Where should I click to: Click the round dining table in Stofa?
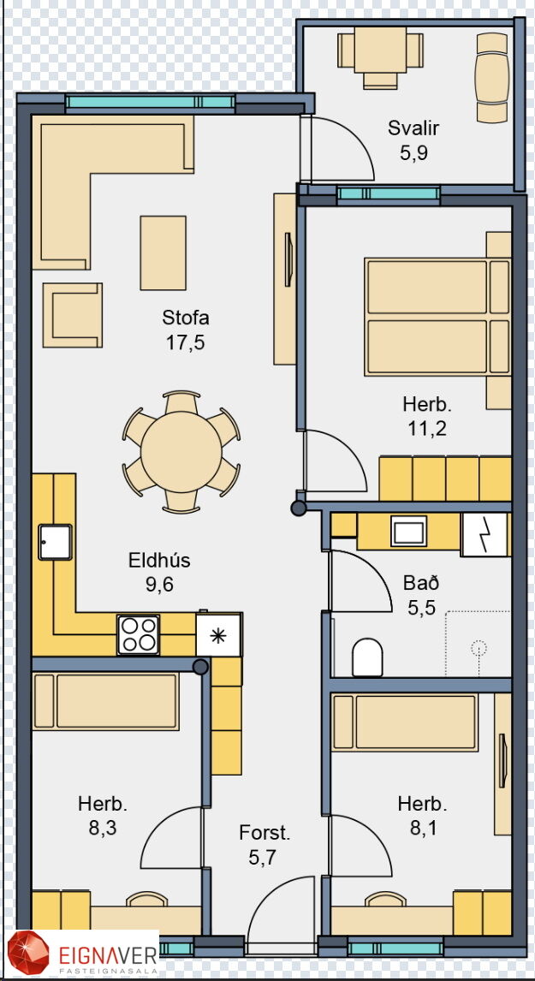181,452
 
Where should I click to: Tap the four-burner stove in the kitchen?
139,634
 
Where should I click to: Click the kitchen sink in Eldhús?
55,542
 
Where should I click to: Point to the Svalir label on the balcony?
413,128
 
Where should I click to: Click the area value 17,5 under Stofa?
186,342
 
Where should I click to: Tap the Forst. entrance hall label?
265,833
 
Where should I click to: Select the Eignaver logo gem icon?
28,954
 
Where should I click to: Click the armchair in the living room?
73,315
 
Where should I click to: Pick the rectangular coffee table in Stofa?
163,253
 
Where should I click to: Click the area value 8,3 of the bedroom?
104,828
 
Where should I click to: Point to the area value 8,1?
424,829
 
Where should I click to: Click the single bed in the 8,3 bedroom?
106,701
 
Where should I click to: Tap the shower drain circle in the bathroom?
479,647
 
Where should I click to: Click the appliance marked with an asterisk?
218,635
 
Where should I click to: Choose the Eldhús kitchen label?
159,561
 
